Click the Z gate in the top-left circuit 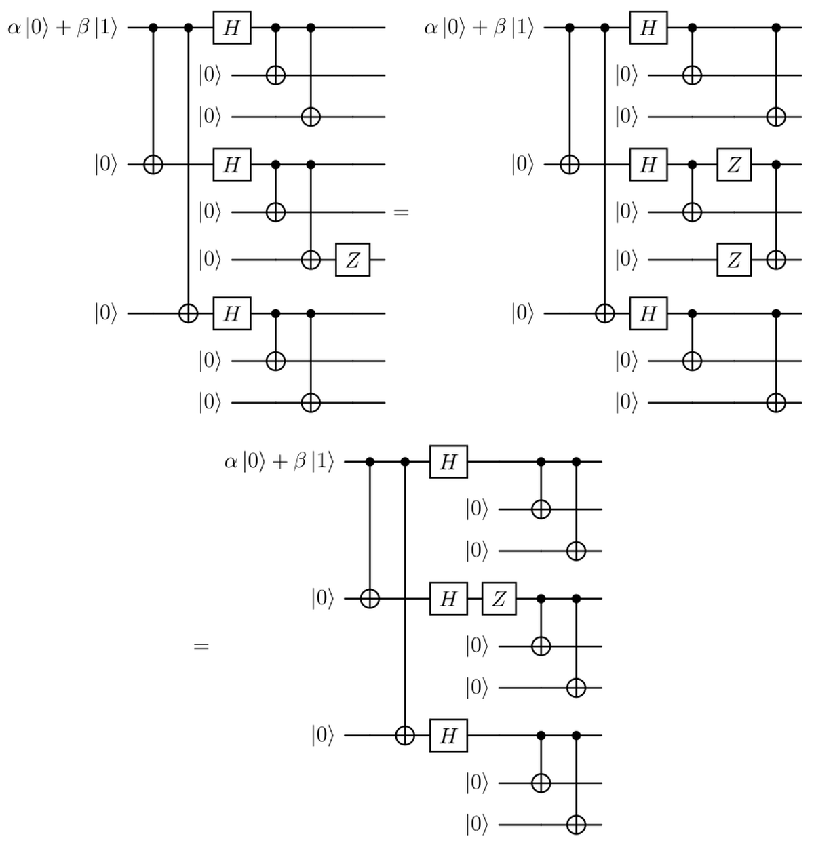tap(353, 260)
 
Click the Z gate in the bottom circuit tap(499, 599)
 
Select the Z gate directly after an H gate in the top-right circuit tap(734, 165)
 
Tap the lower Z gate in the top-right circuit tap(734, 260)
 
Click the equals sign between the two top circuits tap(401, 213)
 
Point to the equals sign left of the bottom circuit tap(201, 647)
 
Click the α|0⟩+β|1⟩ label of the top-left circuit tap(62, 28)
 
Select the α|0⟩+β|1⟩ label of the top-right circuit tap(479, 28)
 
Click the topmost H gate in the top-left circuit tap(232, 28)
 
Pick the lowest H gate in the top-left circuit tap(232, 313)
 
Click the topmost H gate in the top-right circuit tap(648, 28)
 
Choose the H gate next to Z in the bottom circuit tap(448, 599)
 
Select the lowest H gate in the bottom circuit tap(448, 735)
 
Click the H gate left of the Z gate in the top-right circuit tap(648, 165)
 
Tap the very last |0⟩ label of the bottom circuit tap(477, 825)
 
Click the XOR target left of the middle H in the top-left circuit tap(153, 165)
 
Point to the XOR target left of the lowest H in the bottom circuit tap(405, 735)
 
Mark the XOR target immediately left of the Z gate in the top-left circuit tap(311, 260)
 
